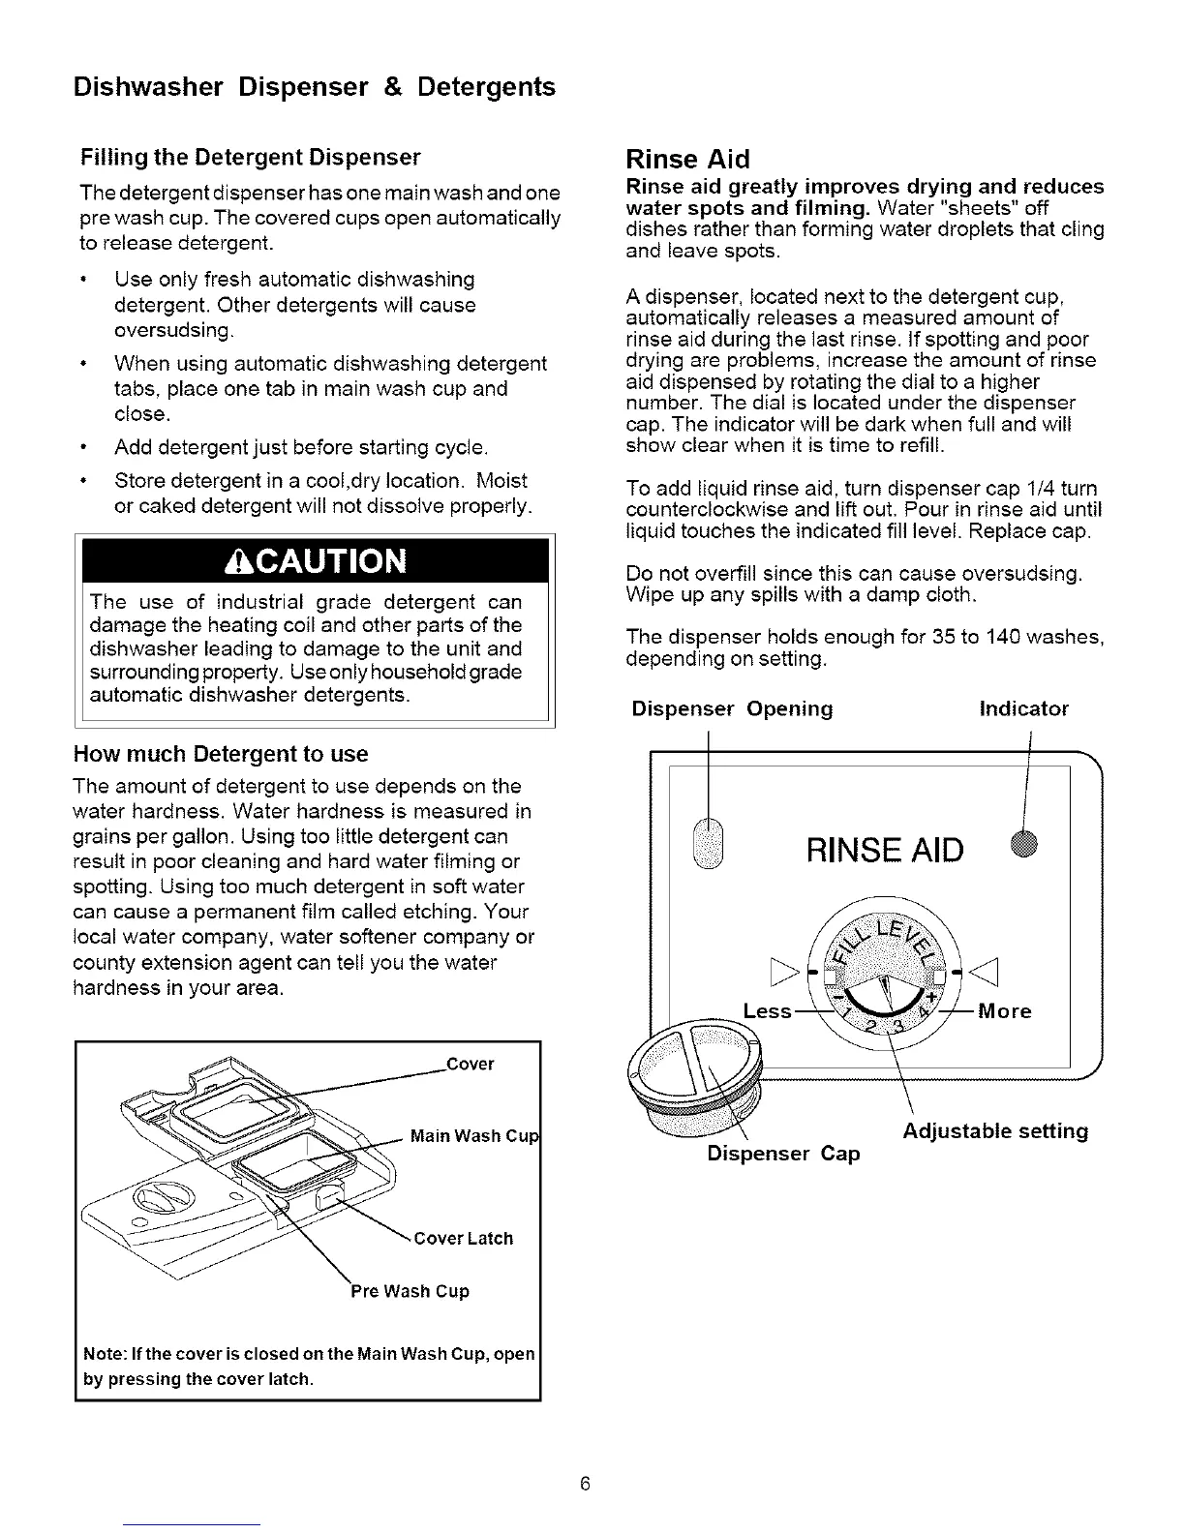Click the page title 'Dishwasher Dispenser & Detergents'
315,88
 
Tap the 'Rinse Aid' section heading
687,159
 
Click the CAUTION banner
313,561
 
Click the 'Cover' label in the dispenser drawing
471,1065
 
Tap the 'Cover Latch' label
463,1239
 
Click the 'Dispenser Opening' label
732,709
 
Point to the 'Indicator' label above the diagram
1024,709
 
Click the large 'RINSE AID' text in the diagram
884,851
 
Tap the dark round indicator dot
1025,844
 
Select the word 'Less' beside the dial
767,1011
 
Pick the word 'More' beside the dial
1005,1011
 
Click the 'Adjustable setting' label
995,1131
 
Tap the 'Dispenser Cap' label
783,1154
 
